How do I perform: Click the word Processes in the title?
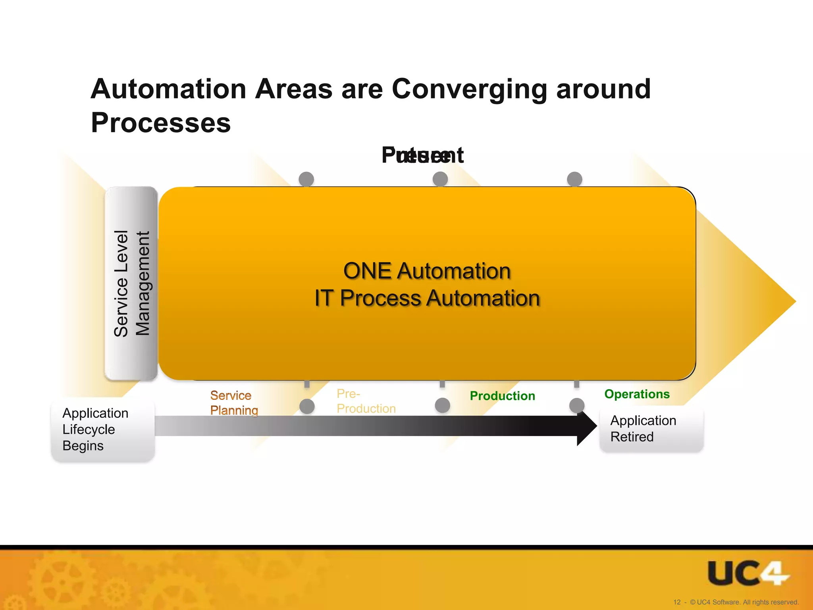tap(161, 123)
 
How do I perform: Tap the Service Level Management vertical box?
tap(131, 283)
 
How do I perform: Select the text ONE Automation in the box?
tap(427, 271)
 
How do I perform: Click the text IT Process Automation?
tap(427, 298)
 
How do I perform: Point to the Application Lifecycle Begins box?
tap(102, 430)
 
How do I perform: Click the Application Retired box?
tap(651, 429)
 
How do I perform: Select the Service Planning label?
tap(234, 403)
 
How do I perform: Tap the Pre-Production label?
tap(366, 401)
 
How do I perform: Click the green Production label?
tap(502, 396)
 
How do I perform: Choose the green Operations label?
tap(637, 394)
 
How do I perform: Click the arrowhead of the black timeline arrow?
tap(587, 427)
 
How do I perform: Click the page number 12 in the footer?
tap(677, 602)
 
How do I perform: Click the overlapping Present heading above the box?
tap(422, 155)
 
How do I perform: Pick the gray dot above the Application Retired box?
tap(576, 405)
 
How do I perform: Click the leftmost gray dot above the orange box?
tap(306, 179)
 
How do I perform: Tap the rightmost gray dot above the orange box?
tap(574, 179)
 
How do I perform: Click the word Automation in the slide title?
tap(169, 89)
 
